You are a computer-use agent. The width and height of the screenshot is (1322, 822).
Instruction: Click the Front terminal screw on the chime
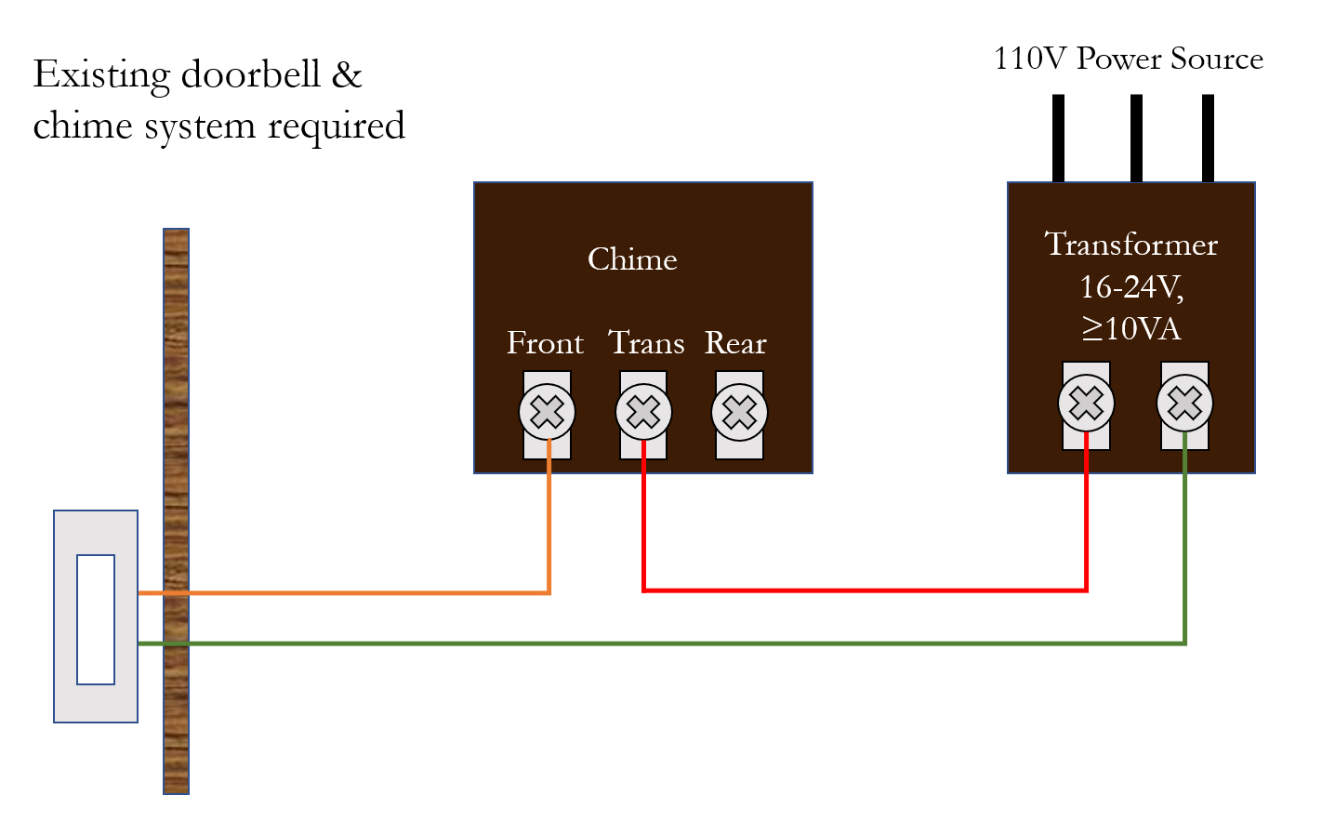(x=547, y=412)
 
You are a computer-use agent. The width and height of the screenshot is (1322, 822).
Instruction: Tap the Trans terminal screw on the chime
(x=643, y=412)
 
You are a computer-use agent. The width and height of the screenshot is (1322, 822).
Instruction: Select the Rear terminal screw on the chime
(x=739, y=412)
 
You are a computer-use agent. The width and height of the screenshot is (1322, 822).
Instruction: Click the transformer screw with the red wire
(x=1086, y=404)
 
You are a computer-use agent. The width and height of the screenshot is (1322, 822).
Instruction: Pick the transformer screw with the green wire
(x=1184, y=404)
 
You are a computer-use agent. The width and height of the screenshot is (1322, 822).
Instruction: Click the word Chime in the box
(x=632, y=259)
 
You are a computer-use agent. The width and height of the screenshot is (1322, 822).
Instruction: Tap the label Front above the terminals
(x=545, y=343)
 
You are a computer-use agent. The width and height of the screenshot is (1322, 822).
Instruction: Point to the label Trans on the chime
(x=646, y=343)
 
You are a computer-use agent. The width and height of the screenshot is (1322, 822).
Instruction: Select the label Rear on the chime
(x=735, y=343)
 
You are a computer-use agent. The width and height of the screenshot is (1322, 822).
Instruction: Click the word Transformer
(x=1130, y=245)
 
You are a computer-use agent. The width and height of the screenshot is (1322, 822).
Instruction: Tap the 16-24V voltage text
(x=1130, y=287)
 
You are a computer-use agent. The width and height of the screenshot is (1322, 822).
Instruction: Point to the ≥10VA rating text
(x=1130, y=328)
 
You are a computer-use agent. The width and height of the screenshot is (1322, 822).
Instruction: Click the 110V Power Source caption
(x=1128, y=59)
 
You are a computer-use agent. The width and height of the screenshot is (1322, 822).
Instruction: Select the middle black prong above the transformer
(x=1136, y=138)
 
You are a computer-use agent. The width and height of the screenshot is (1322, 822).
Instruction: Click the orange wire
(x=372, y=592)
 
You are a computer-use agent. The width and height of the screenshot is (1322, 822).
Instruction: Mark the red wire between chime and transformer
(x=865, y=590)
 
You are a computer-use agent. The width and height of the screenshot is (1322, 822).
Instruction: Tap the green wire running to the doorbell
(x=651, y=643)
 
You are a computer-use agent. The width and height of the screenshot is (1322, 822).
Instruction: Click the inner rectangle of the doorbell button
(x=96, y=619)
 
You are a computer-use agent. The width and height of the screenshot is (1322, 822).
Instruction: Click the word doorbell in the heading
(x=250, y=74)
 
